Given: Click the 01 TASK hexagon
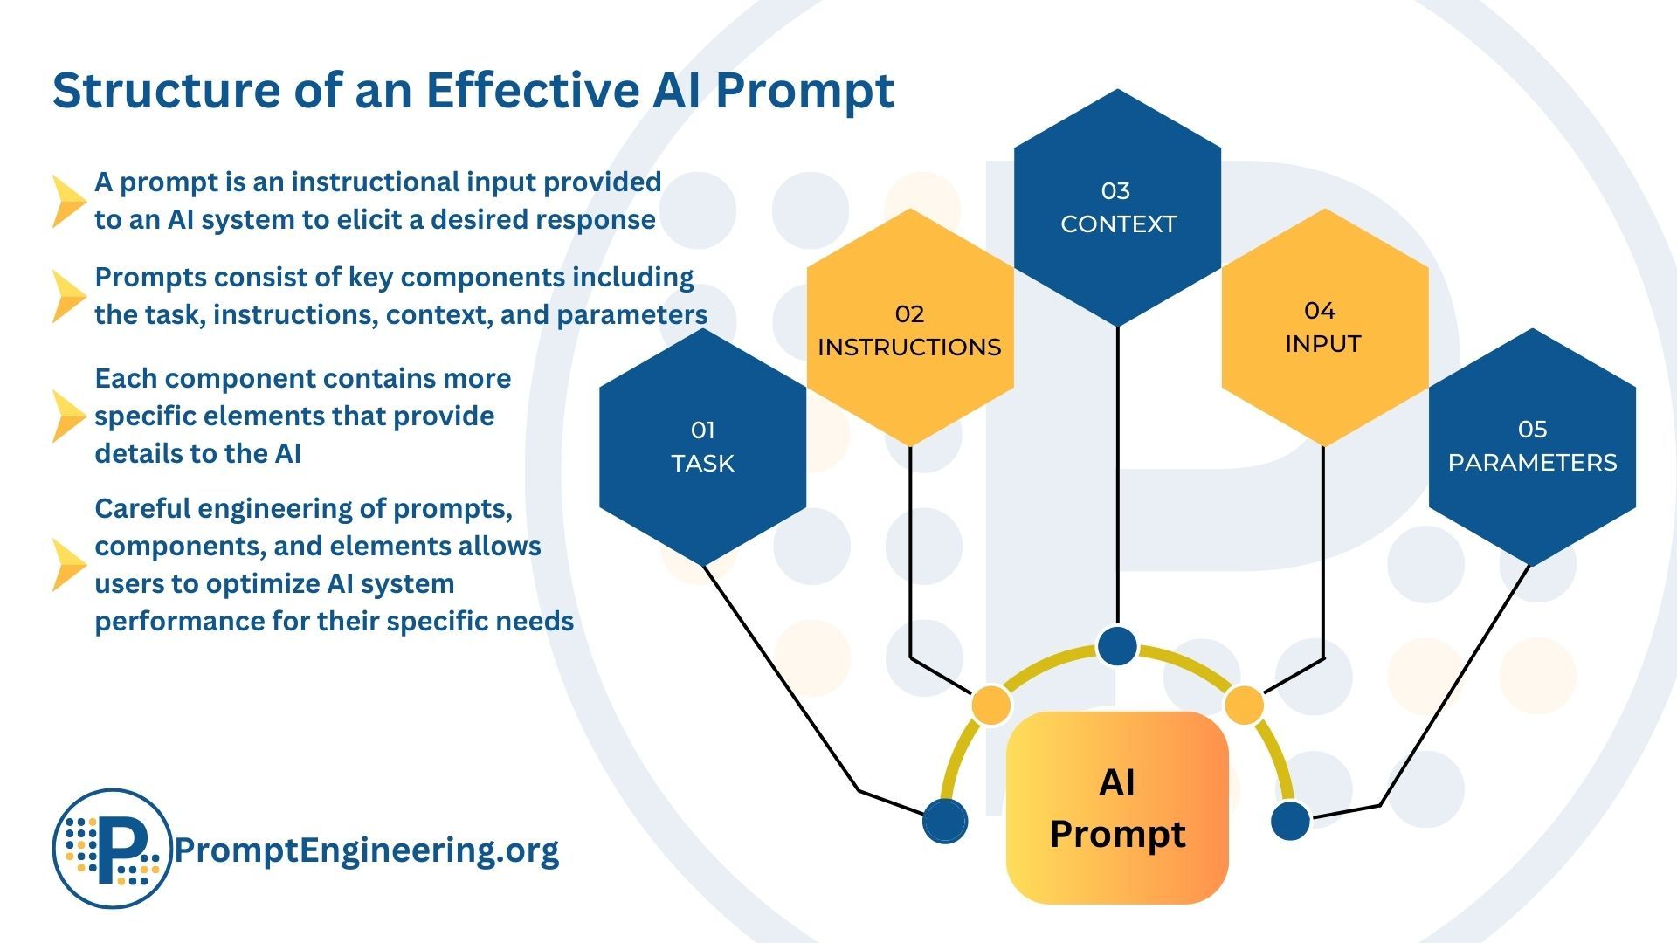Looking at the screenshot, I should [702, 446].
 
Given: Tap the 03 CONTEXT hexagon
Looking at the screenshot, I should [1117, 208].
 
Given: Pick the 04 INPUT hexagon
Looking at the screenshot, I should [1323, 327].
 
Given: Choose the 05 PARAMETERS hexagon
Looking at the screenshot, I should [1532, 446].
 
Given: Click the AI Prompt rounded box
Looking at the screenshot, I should [1117, 808].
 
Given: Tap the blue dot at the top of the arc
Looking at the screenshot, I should [1117, 646].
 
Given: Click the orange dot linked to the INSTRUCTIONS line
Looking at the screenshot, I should [990, 704].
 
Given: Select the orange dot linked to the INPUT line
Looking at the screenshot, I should [1245, 704].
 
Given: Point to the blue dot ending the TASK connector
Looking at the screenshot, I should [945, 820].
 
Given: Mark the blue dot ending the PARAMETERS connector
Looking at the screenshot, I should [1290, 820].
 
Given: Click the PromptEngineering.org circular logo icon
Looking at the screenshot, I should [112, 849].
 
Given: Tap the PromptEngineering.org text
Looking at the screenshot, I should [367, 850].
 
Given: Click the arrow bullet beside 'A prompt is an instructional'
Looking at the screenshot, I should [67, 202].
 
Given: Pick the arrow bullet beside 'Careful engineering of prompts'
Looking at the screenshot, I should [67, 565].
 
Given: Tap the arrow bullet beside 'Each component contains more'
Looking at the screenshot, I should [67, 416].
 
